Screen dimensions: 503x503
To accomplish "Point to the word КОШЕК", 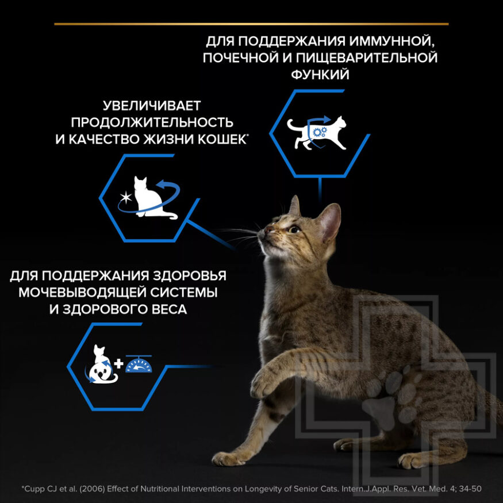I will (218, 139).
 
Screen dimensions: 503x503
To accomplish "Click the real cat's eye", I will (294, 229).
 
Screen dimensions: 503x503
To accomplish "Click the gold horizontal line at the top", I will (251, 24).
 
